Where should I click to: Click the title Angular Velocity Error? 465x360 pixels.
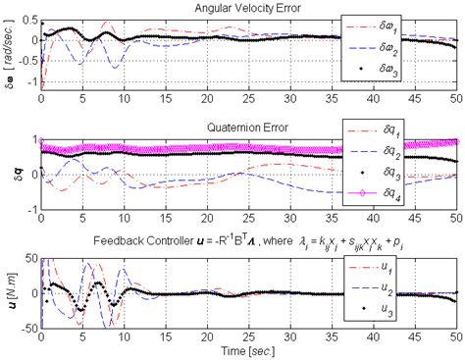tap(248, 9)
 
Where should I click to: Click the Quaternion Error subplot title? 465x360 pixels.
tap(248, 127)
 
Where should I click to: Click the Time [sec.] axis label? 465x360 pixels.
tap(247, 349)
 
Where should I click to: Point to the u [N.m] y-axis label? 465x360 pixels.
tap(11, 291)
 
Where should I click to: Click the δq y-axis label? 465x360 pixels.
tap(11, 175)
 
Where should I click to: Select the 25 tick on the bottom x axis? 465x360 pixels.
tap(248, 335)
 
